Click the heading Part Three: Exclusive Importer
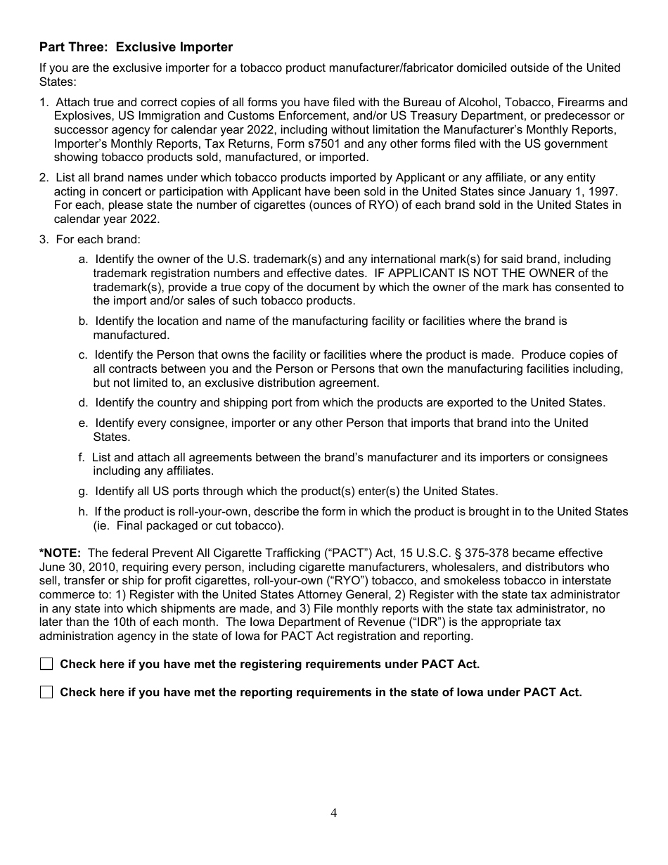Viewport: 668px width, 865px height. [x=136, y=47]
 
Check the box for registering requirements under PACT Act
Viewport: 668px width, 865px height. [x=46, y=664]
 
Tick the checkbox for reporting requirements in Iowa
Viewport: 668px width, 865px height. [x=46, y=692]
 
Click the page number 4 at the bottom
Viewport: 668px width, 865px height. [x=334, y=813]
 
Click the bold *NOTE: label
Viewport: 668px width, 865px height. [x=60, y=553]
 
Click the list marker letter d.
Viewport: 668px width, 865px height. [x=83, y=403]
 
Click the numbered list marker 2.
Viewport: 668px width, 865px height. [x=44, y=179]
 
